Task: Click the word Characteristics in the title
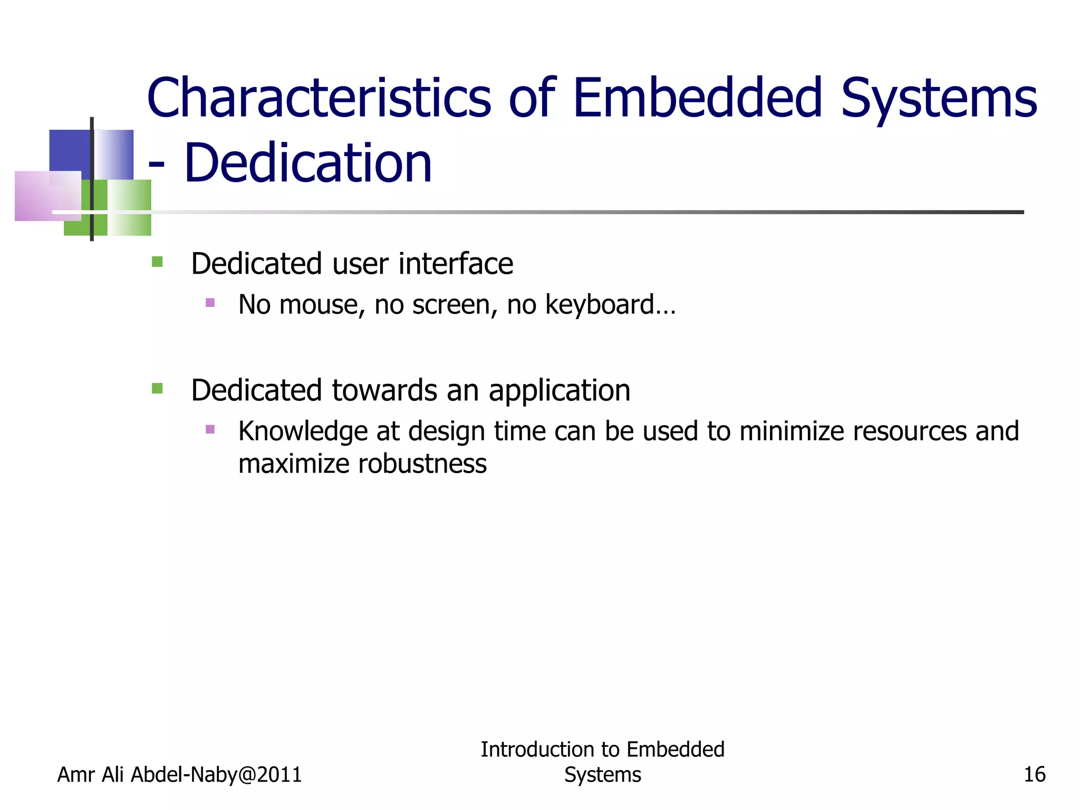(319, 98)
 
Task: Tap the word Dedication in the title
(307, 163)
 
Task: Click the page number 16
(1034, 775)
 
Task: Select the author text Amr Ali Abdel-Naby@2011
(179, 775)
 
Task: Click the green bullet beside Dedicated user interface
(157, 262)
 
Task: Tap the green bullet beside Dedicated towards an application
(157, 389)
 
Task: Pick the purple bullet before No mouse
(210, 303)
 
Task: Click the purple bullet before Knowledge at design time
(210, 429)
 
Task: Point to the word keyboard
(600, 305)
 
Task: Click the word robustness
(422, 464)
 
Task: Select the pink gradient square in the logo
(42, 196)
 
